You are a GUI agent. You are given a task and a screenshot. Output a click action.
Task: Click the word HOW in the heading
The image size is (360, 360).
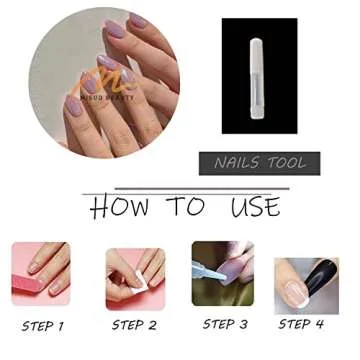tap(117, 208)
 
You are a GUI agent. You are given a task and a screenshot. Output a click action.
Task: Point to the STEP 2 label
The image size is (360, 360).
tap(134, 324)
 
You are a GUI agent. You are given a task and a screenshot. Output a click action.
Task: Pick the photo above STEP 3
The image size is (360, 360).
tap(223, 275)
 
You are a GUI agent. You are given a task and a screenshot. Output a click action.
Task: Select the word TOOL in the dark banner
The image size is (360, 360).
tap(287, 162)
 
